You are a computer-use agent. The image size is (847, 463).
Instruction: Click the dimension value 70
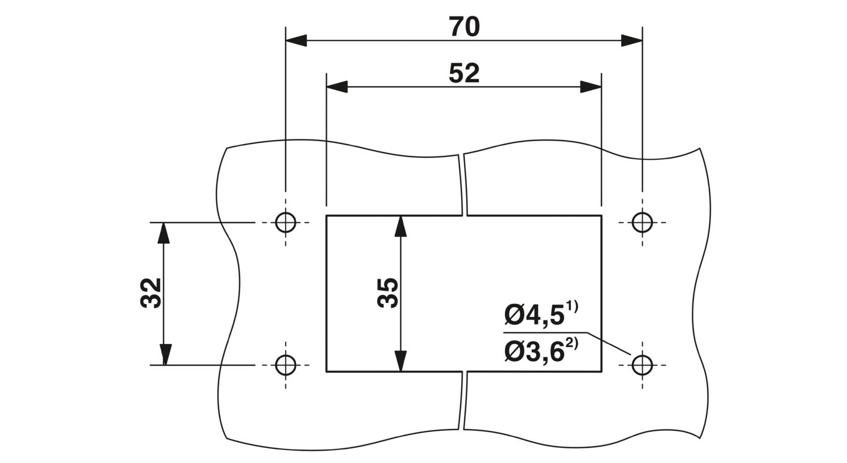464,27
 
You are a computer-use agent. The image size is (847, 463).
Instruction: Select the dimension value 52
464,73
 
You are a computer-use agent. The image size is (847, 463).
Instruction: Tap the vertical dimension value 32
151,292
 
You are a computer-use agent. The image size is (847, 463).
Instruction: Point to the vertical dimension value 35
388,292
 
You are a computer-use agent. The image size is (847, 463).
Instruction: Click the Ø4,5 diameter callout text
535,316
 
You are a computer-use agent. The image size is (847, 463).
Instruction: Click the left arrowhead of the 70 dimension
296,41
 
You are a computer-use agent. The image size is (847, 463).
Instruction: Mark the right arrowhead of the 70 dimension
631,41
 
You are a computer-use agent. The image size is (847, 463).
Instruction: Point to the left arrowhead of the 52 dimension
337,87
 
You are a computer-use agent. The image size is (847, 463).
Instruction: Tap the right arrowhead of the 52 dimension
591,87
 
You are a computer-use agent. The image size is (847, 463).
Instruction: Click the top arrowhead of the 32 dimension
163,233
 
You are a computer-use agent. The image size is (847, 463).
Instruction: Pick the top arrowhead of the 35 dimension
400,226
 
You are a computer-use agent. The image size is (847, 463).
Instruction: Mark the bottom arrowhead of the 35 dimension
400,361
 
